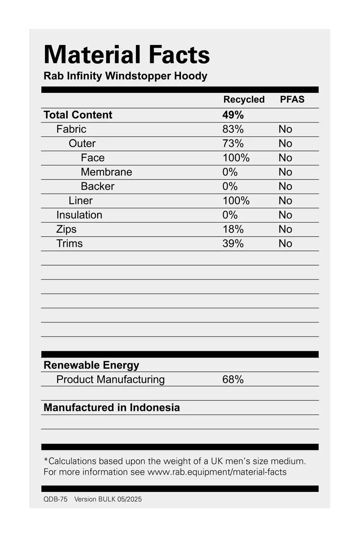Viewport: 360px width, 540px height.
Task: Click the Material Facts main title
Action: tap(126, 55)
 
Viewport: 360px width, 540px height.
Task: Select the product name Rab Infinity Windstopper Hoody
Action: tap(125, 76)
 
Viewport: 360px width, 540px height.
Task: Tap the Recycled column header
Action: tap(244, 100)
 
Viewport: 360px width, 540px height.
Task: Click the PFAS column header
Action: tap(292, 100)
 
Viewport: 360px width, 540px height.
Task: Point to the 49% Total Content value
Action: tap(233, 115)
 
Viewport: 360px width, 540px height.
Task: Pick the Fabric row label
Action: tap(71, 129)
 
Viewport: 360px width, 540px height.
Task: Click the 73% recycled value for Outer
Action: tap(233, 144)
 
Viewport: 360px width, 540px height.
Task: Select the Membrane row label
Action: tap(106, 172)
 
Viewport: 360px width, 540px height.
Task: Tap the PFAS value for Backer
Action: tap(285, 186)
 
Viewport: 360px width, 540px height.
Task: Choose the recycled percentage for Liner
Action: tap(236, 201)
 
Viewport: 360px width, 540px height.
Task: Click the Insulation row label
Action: tap(79, 215)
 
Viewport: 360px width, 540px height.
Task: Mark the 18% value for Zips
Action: tap(233, 229)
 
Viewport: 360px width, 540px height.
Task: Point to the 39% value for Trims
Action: tap(233, 244)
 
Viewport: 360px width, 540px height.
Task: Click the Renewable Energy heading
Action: tap(91, 365)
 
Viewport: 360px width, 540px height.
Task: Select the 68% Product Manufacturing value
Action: tap(233, 380)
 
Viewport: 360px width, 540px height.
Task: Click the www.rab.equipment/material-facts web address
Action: tap(216, 472)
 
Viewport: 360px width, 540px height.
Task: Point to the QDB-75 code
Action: tap(55, 499)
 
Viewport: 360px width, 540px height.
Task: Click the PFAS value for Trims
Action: tap(285, 244)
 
